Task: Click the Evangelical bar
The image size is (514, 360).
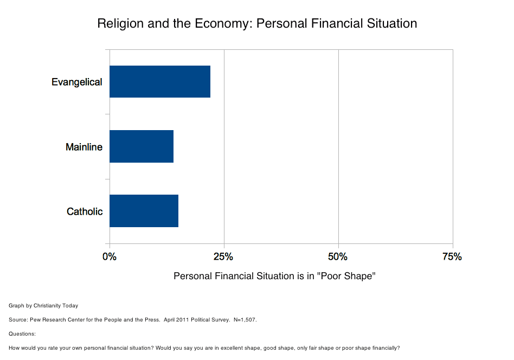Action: click(160, 81)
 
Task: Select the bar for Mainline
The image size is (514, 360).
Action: click(142, 146)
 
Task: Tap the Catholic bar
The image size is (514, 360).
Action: click(144, 211)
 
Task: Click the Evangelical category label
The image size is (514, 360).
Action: click(77, 82)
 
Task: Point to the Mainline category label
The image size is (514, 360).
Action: click(84, 147)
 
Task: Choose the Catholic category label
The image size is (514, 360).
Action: click(85, 211)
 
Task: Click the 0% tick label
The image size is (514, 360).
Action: click(110, 256)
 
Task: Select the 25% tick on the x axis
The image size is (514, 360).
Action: click(224, 256)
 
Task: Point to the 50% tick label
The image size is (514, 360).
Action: click(338, 256)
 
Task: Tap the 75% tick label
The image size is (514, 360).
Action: click(452, 256)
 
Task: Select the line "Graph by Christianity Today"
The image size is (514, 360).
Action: click(43, 306)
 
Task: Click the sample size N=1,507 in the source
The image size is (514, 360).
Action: click(245, 319)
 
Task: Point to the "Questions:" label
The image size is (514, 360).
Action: click(22, 333)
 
